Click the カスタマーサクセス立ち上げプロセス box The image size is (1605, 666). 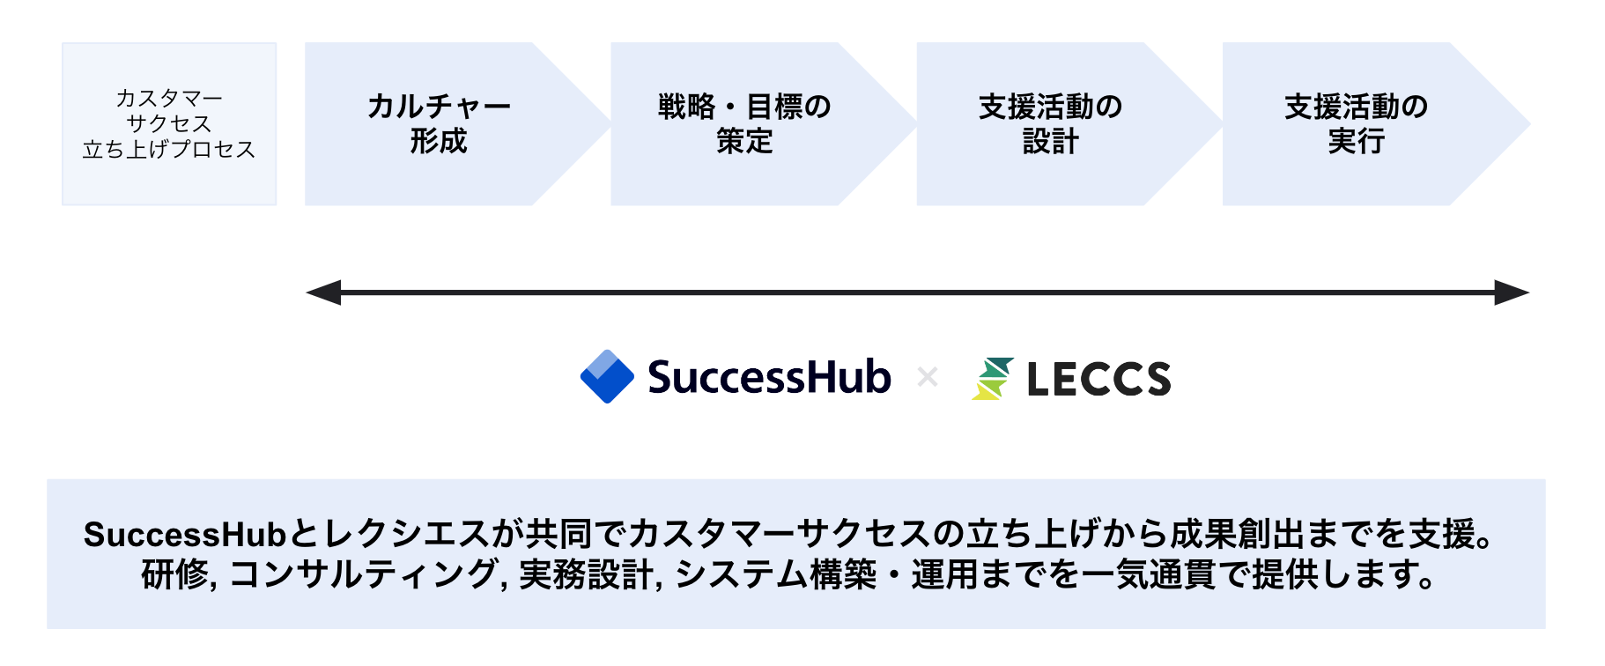pyautogui.click(x=169, y=123)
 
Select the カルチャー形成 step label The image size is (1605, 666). pyautogui.click(x=439, y=123)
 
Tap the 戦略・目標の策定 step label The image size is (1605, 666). pyautogui.click(x=744, y=123)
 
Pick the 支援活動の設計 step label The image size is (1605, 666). pyautogui.click(x=1050, y=123)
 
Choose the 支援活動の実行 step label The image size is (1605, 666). pyautogui.click(x=1356, y=123)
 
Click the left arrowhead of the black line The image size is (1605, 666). pyautogui.click(x=322, y=292)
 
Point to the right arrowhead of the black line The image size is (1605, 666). pyautogui.click(x=1512, y=292)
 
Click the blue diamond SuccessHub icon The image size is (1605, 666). pyautogui.click(x=607, y=377)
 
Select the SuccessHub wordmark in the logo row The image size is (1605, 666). pyautogui.click(x=769, y=377)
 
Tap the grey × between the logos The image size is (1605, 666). pyautogui.click(x=927, y=378)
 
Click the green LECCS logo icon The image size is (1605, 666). pyautogui.click(x=993, y=379)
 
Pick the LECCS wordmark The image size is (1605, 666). pyautogui.click(x=1098, y=380)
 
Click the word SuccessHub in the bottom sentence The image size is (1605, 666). pyautogui.click(x=185, y=535)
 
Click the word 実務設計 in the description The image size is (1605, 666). pyautogui.click(x=586, y=574)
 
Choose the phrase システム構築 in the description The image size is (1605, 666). pyautogui.click(x=776, y=574)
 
